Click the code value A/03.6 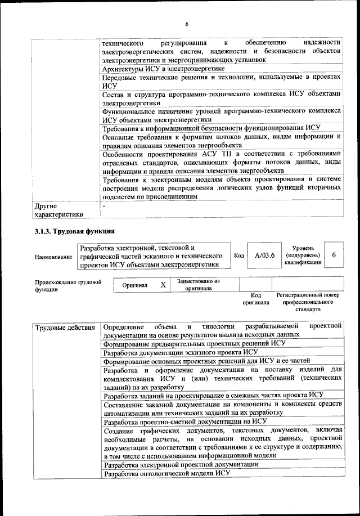264,255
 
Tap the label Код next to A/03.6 238,255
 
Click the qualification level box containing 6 334,255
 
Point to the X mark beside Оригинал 163,285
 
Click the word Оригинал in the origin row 135,285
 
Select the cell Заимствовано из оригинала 198,285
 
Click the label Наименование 53,257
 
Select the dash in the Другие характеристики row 104,207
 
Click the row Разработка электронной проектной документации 182,464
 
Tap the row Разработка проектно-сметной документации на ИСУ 185,421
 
